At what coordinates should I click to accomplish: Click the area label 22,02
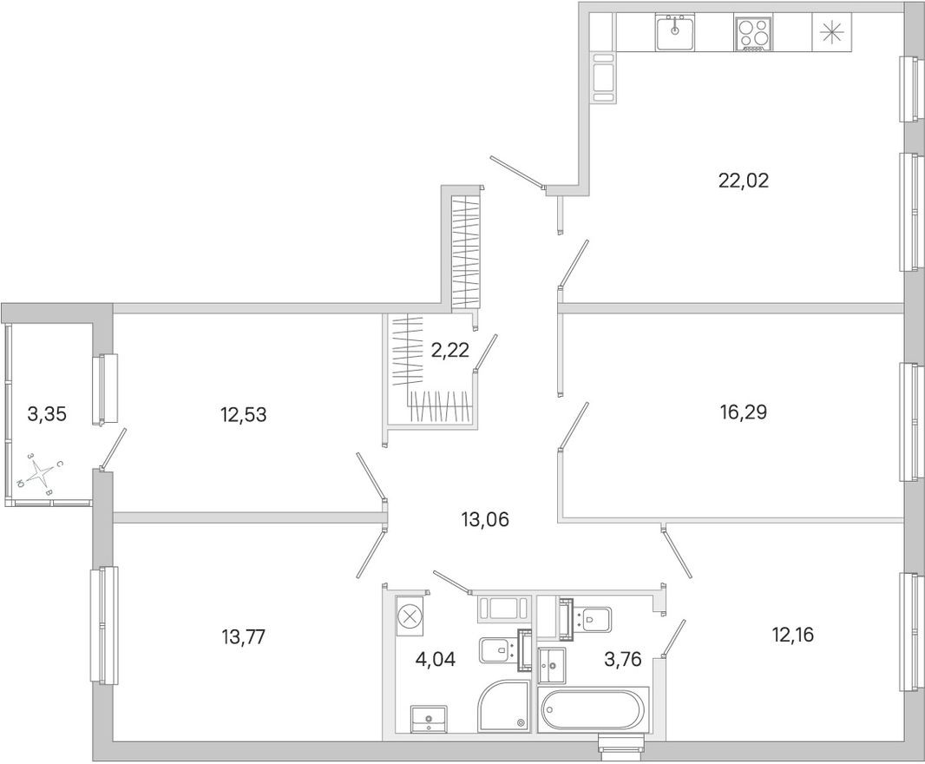744,181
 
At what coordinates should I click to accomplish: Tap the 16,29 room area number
743,412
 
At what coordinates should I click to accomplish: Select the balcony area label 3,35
46,413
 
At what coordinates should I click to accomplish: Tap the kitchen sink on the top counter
674,36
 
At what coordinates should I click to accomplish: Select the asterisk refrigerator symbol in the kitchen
830,34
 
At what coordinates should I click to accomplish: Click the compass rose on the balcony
42,473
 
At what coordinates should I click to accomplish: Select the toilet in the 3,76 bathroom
594,619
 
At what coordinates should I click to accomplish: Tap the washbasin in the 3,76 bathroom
551,666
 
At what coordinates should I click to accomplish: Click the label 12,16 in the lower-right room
792,634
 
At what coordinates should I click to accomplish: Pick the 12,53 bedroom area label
243,414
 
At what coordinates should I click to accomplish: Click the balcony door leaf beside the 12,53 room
114,449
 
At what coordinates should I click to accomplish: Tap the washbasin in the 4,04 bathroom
428,717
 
